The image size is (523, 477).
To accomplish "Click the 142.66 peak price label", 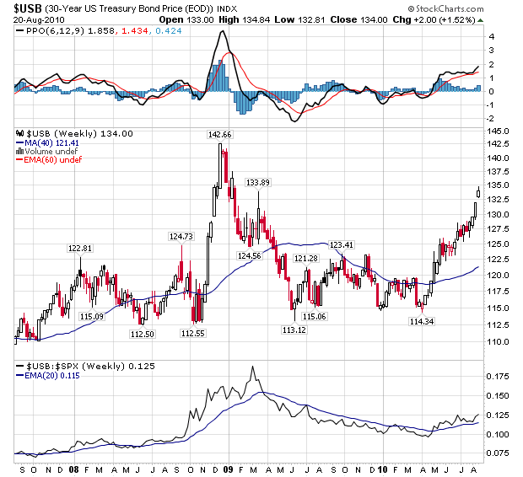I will tap(220, 135).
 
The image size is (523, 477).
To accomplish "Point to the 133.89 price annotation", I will tap(257, 182).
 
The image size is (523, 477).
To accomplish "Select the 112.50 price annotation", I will tap(142, 335).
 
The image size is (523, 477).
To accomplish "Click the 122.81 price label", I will tap(79, 248).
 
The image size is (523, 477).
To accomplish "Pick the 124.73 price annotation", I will tap(181, 237).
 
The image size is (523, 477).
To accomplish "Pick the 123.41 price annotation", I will tap(341, 244).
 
